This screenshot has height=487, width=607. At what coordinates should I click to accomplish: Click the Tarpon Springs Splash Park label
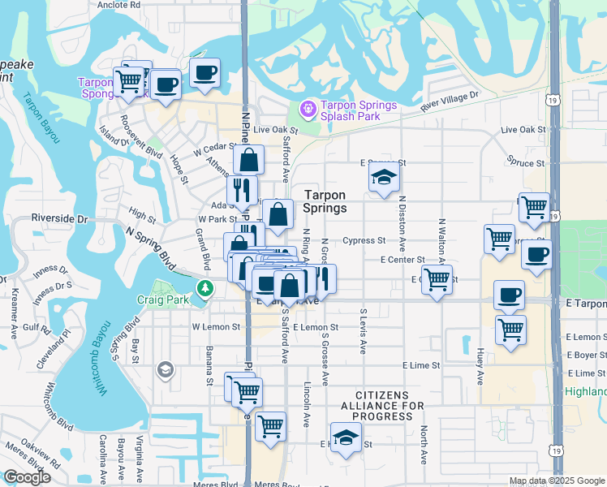pyautogui.click(x=359, y=110)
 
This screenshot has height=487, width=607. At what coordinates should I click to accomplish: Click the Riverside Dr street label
pyautogui.click(x=59, y=219)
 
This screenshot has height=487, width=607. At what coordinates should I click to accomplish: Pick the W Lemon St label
pyautogui.click(x=216, y=327)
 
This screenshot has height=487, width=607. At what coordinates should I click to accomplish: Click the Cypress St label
pyautogui.click(x=364, y=241)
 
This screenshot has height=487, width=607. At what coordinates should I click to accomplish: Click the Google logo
pyautogui.click(x=27, y=477)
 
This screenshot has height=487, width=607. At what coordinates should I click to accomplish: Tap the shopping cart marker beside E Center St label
pyautogui.click(x=437, y=280)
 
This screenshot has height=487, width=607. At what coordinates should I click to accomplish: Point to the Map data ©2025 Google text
pyautogui.click(x=557, y=481)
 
